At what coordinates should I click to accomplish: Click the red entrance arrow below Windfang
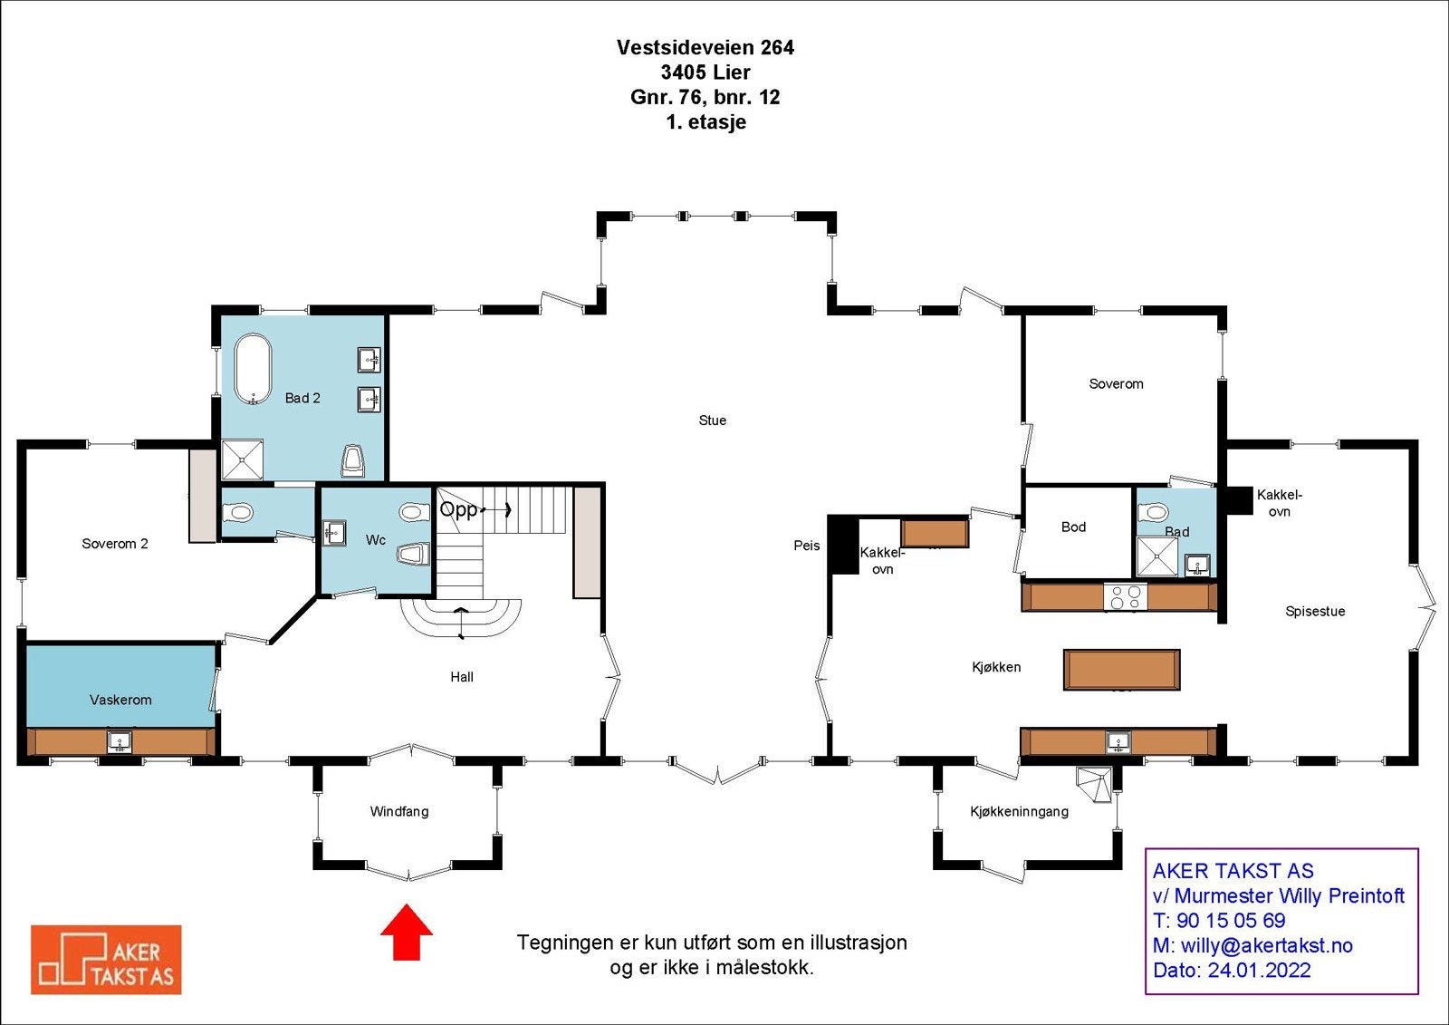(406, 932)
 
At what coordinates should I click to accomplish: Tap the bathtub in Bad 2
(253, 370)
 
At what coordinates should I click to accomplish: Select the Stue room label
(712, 421)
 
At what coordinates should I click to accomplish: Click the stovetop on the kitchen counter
(1126, 596)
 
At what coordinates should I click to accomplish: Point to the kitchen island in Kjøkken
(1121, 670)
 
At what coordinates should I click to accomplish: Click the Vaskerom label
(120, 700)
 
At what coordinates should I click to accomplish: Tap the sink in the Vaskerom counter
(120, 742)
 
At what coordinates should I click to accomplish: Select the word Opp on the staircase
(458, 509)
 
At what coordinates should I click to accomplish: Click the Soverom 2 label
(114, 544)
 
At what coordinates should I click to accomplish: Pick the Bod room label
(1073, 527)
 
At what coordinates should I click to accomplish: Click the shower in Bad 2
(242, 459)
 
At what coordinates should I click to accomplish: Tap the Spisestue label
(1315, 612)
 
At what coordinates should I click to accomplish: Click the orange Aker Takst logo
(106, 960)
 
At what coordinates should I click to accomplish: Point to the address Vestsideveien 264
(705, 48)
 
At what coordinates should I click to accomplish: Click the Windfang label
(398, 812)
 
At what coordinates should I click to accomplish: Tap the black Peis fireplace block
(844, 544)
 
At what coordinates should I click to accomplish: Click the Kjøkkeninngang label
(1019, 812)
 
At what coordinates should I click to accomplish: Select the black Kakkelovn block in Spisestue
(1237, 500)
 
